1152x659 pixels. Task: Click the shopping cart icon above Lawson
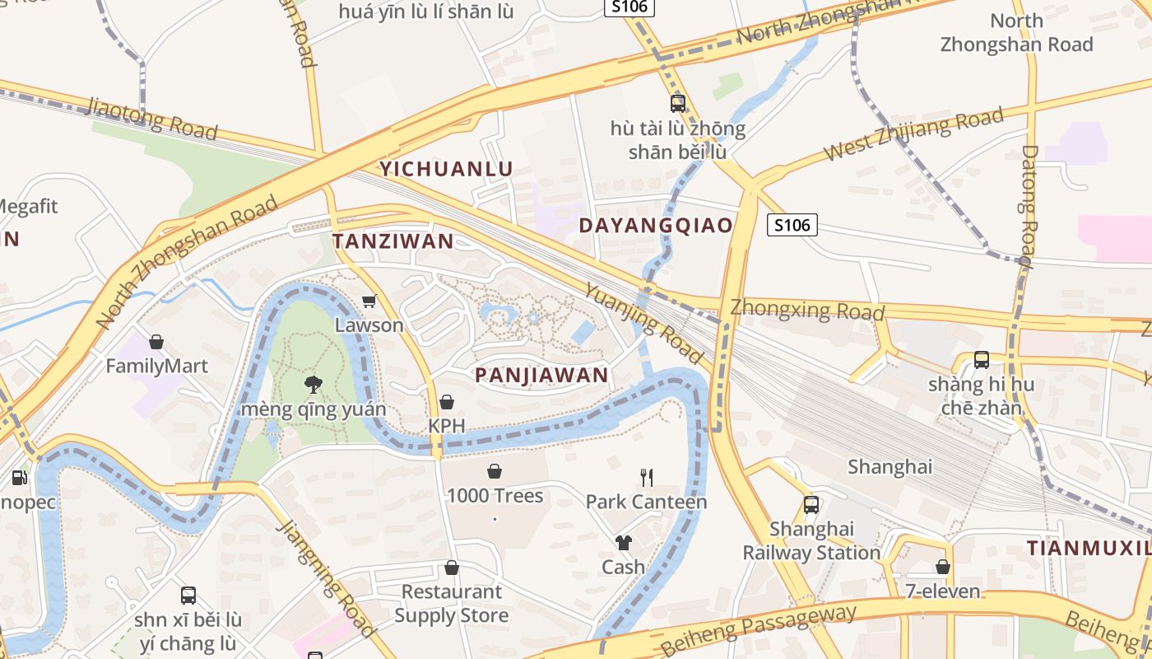369,301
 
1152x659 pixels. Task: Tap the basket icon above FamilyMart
156,341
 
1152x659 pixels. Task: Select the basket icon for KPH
446,402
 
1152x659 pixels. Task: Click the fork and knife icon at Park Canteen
647,477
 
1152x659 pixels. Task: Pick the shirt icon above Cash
623,542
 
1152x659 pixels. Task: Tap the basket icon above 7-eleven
943,567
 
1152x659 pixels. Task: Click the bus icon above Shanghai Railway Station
811,504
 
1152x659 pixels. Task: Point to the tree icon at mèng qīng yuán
313,383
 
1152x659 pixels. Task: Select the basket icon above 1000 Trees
495,471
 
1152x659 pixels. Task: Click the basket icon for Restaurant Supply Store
451,568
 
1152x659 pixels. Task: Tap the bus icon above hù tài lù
678,104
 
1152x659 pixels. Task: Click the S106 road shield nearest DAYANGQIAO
792,225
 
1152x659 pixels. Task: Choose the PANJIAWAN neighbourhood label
541,376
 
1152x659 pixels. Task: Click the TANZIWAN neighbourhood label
393,241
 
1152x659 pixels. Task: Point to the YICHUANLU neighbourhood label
446,170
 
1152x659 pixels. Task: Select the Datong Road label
1028,206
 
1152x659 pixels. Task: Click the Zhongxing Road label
807,311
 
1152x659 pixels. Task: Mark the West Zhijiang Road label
913,135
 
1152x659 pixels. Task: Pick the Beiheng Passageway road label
758,629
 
